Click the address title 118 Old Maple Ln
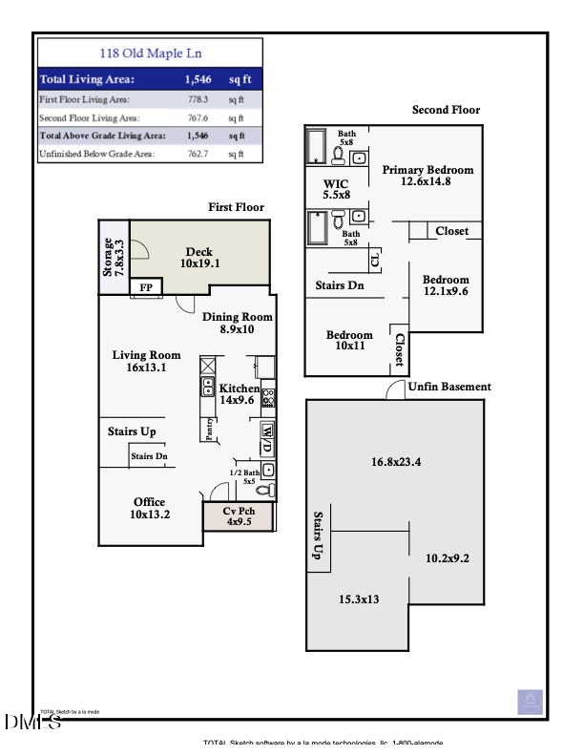coord(151,53)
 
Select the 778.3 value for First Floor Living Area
coord(198,98)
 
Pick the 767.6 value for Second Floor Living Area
coord(198,117)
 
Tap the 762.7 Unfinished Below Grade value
coord(198,154)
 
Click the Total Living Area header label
coord(87,79)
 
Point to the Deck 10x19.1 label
coord(199,258)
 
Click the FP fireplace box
coord(146,287)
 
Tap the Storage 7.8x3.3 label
coord(114,257)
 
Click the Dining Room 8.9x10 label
coord(238,323)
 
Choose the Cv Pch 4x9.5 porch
coord(238,516)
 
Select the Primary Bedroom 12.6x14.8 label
coord(428,176)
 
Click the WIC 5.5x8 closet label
coord(337,188)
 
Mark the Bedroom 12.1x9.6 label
coord(446,285)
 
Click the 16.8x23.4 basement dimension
coord(397,462)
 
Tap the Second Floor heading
coord(446,111)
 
